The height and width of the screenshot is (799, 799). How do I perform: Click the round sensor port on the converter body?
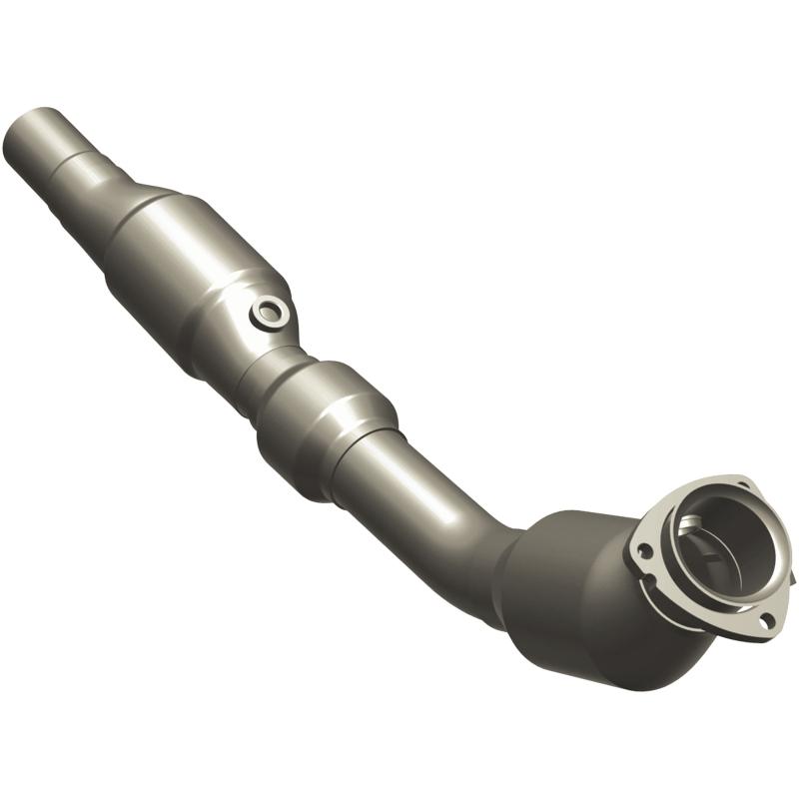click(x=270, y=313)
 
